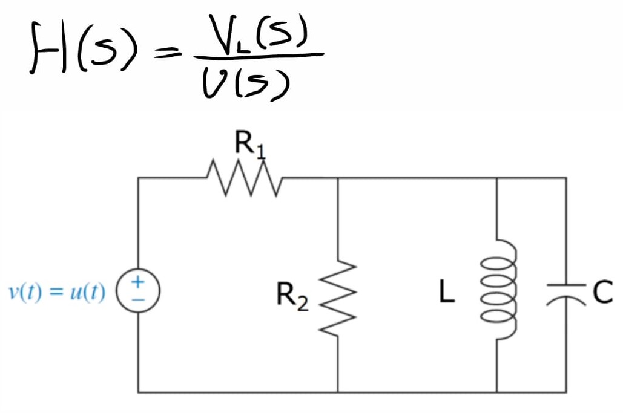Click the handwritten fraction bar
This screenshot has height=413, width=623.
[x=257, y=56]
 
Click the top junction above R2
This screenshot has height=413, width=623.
[x=337, y=178]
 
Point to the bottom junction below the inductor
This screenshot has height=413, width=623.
[x=497, y=392]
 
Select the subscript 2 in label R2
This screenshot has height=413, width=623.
[x=302, y=303]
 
